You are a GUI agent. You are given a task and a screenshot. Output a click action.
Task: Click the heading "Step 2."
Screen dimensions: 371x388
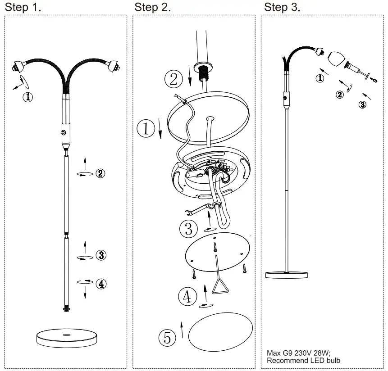point(153,7)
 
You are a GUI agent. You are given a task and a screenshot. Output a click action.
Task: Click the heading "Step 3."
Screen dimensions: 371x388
point(282,7)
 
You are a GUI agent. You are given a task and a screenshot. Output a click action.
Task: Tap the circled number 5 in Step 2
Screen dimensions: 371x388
point(168,337)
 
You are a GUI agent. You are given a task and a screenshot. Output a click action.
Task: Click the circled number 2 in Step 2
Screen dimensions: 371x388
point(173,79)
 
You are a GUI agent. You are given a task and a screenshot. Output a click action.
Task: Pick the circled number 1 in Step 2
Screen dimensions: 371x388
point(146,128)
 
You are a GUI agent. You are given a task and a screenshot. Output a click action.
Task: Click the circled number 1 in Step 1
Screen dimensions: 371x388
point(28,96)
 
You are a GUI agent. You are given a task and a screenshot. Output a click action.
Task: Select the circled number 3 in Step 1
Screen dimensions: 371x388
point(101,256)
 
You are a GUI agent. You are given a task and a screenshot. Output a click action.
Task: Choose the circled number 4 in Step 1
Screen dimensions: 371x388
point(101,284)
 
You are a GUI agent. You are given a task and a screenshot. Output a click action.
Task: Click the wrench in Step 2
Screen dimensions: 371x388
point(195,208)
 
